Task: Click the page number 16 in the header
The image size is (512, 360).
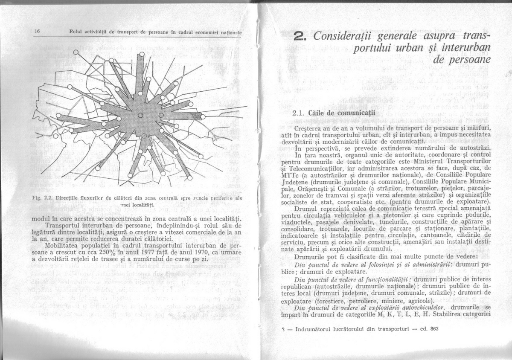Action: [x=37, y=32]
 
